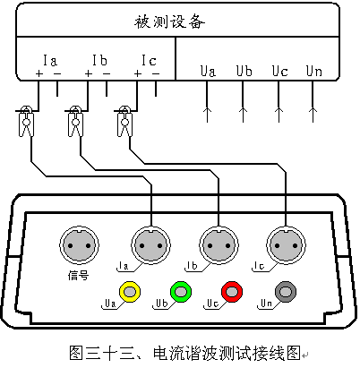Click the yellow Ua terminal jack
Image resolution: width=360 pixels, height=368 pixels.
coord(130,292)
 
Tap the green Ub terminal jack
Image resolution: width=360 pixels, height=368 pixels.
coord(181,291)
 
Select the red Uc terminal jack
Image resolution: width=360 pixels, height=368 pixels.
coord(232,291)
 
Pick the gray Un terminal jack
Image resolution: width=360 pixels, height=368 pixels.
coord(286,292)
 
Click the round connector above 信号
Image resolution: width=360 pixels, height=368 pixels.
coord(79,245)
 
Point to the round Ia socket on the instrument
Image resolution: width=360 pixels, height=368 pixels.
coord(150,245)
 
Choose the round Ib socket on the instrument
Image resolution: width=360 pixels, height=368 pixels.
coord(219,245)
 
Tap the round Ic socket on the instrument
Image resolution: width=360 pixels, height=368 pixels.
coord(286,245)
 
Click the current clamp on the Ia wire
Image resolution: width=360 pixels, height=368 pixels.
coord(26,121)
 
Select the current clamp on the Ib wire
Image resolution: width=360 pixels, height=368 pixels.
coord(75,121)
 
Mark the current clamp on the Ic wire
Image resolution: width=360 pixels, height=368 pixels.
coord(124,121)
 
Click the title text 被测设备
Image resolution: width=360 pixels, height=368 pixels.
coord(169,21)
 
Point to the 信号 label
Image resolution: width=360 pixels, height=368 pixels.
coord(78,275)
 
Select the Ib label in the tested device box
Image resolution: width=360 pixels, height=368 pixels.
coord(99,60)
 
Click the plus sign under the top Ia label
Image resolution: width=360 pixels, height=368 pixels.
coord(39,73)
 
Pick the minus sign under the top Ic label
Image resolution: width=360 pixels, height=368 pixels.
coord(156,73)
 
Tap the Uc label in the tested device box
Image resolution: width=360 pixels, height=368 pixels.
coord(279,71)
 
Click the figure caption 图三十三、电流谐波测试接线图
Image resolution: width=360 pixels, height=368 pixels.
coord(184,353)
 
